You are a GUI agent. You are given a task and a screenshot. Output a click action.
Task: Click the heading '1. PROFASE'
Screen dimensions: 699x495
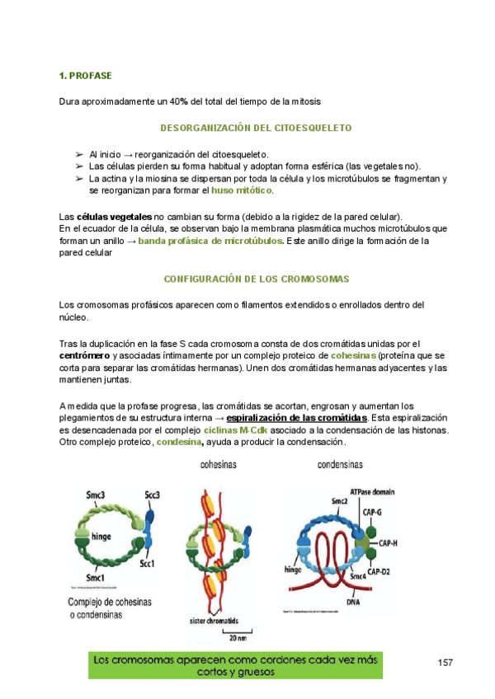(x=85, y=76)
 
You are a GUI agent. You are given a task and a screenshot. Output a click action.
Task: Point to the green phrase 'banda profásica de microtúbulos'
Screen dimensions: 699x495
(x=210, y=241)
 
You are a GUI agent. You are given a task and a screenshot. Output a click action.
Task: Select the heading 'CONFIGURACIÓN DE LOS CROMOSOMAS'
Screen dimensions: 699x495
(x=257, y=279)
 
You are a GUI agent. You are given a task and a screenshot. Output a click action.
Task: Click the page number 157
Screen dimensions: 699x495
(x=446, y=662)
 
